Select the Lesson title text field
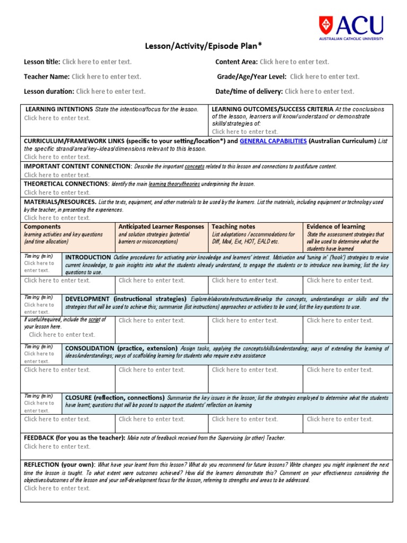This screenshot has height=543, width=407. click(x=96, y=62)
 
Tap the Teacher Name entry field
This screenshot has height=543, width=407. click(x=106, y=77)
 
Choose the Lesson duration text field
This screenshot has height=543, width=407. click(x=110, y=92)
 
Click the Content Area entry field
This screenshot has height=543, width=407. click(x=294, y=62)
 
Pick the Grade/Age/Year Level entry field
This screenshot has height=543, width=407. click(x=324, y=77)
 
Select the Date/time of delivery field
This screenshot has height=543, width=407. click(x=319, y=92)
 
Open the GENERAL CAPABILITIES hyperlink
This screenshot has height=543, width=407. click(x=273, y=141)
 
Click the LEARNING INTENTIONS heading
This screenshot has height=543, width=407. click(x=59, y=109)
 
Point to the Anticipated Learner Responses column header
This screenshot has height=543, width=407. click(x=161, y=226)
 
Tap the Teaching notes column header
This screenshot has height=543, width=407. click(x=233, y=226)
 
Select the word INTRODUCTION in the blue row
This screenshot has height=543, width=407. click(x=88, y=257)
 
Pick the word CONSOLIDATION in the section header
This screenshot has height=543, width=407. click(x=90, y=348)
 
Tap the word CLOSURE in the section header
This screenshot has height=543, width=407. click(x=77, y=398)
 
